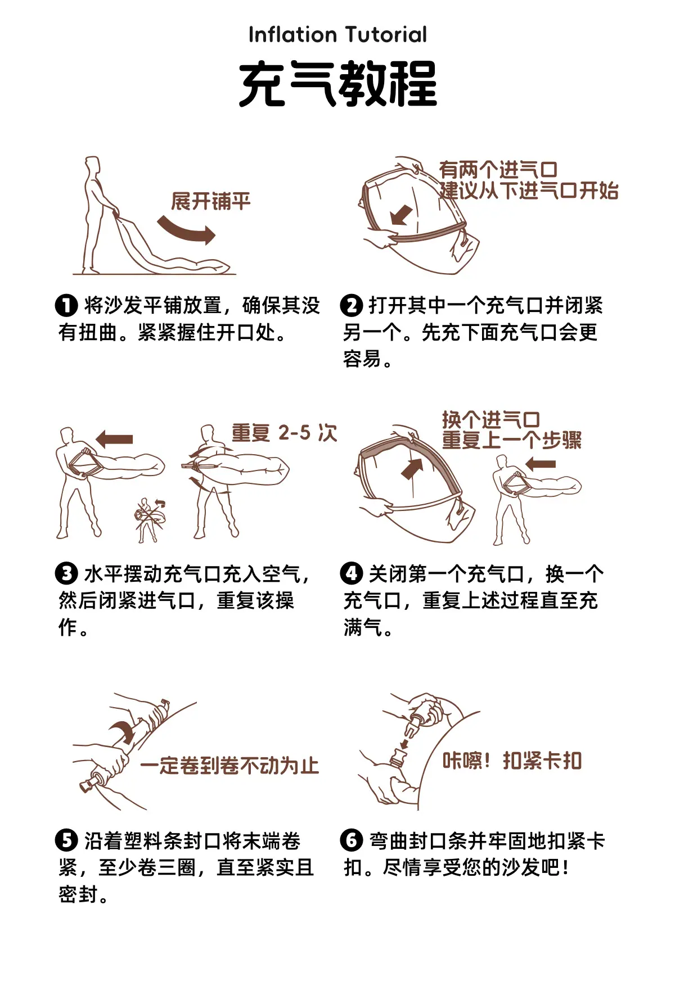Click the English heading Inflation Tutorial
[x=337, y=35]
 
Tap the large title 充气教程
[x=337, y=84]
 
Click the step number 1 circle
[x=66, y=306]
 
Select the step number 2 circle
[x=352, y=306]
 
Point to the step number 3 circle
[x=66, y=574]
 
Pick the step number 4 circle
[x=352, y=574]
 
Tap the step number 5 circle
[x=66, y=841]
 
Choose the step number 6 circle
[x=352, y=841]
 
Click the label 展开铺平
[x=211, y=201]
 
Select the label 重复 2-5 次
[x=284, y=433]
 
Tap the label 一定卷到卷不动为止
[x=229, y=766]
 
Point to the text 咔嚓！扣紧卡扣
[x=512, y=761]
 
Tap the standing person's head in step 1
[x=92, y=165]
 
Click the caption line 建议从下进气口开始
[x=529, y=191]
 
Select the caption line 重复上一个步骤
[x=512, y=440]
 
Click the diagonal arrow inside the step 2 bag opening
[x=402, y=215]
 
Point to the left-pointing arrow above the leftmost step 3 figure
[x=115, y=439]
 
